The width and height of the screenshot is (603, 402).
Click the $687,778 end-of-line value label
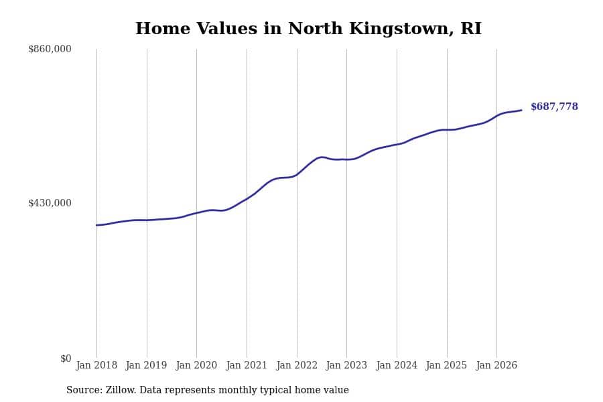click(x=554, y=107)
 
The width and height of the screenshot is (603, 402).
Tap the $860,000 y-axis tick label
click(x=50, y=49)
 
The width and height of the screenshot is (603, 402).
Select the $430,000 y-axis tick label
click(x=50, y=203)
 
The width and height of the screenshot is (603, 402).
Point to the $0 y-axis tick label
click(x=66, y=358)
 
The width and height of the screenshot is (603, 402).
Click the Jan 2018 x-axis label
click(x=96, y=365)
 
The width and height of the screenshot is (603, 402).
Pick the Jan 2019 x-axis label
click(x=147, y=365)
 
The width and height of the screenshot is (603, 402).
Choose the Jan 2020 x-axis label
click(x=196, y=365)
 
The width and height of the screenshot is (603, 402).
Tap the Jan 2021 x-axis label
click(x=247, y=365)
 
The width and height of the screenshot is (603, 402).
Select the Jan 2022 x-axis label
click(x=297, y=365)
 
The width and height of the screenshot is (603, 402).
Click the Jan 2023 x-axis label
click(x=346, y=365)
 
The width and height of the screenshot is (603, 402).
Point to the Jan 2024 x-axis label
click(x=397, y=365)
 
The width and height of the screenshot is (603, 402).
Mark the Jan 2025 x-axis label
click(x=446, y=365)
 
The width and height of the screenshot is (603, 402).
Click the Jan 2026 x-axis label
click(x=496, y=365)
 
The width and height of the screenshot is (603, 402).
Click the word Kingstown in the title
click(x=401, y=29)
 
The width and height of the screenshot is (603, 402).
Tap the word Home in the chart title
click(x=163, y=28)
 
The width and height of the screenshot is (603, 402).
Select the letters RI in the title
click(x=471, y=28)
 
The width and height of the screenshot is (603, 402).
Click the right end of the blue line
click(x=521, y=111)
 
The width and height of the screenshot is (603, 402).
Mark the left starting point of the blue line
click(x=96, y=225)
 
